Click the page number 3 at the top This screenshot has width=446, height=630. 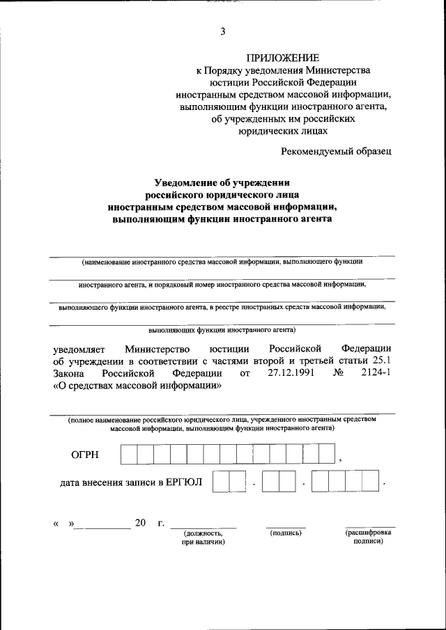(x=222, y=31)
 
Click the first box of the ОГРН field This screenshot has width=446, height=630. (x=128, y=455)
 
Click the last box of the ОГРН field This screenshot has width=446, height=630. (x=328, y=455)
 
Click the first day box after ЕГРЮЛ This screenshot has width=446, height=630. (x=221, y=481)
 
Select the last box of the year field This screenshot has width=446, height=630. (x=370, y=481)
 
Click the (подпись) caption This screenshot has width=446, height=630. (x=285, y=533)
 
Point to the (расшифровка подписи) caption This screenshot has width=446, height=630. (x=368, y=537)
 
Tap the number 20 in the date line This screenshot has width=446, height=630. (x=141, y=523)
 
